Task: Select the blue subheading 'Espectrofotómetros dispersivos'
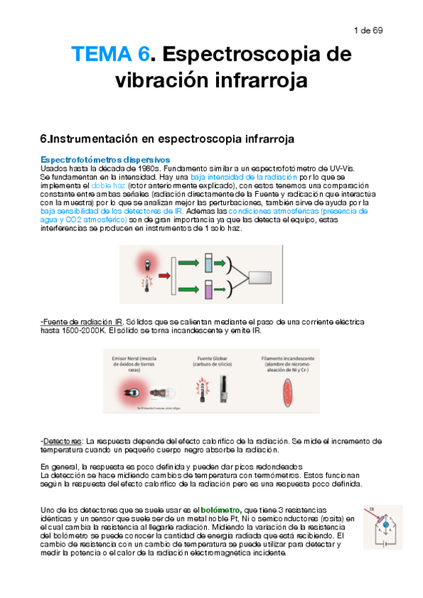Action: [105, 159]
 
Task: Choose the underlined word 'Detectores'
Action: [61, 440]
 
